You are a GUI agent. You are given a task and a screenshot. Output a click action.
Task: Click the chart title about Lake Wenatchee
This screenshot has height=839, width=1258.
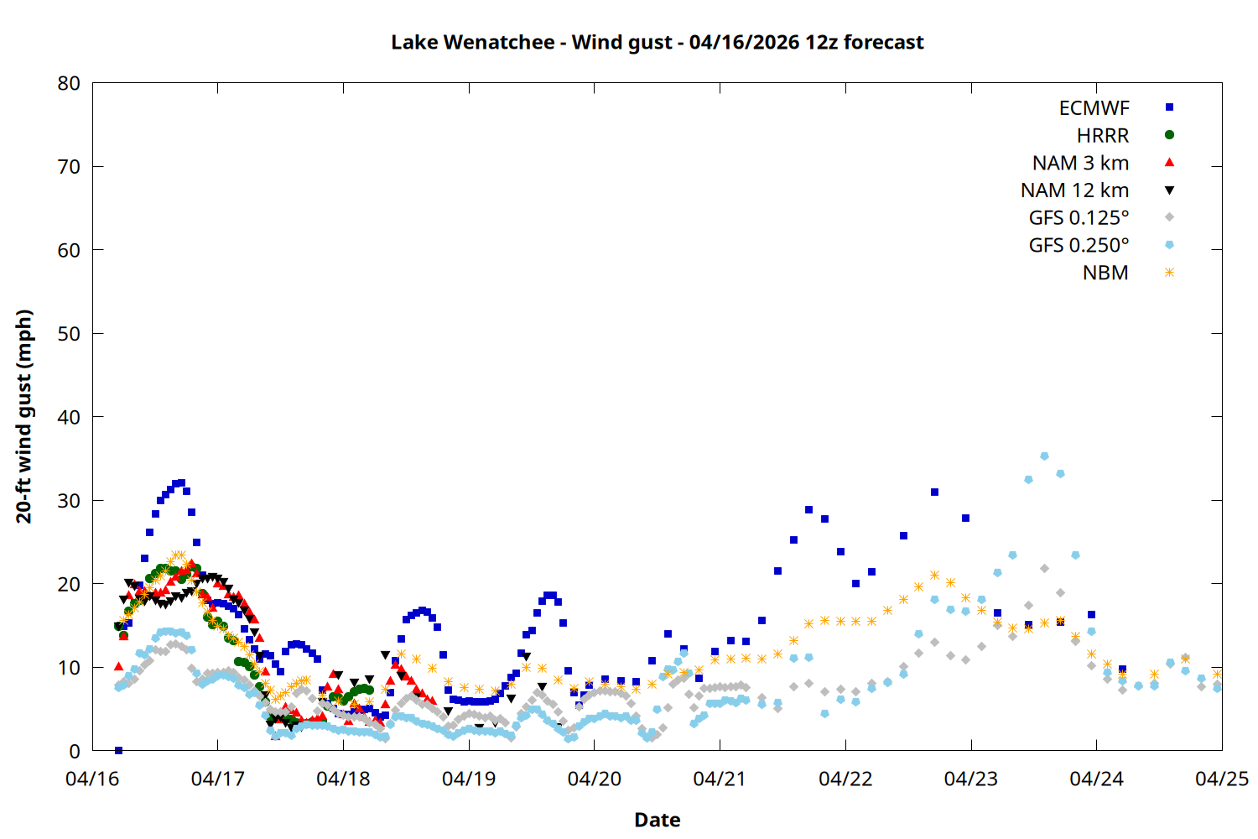(x=657, y=42)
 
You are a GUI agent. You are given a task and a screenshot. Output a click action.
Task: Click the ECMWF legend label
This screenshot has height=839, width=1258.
(x=1094, y=108)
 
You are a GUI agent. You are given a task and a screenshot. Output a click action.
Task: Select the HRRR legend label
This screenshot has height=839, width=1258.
(x=1103, y=136)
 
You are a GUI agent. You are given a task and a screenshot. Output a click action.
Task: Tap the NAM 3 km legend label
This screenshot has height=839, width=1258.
(x=1080, y=163)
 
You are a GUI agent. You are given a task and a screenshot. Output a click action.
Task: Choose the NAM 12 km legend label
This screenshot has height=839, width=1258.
(x=1074, y=190)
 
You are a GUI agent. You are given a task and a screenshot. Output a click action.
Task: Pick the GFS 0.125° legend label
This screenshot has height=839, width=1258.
(x=1079, y=218)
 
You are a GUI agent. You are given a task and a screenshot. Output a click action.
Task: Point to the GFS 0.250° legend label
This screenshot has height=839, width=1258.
(x=1079, y=246)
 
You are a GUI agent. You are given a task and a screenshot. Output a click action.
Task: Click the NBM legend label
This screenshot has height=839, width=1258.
(x=1105, y=273)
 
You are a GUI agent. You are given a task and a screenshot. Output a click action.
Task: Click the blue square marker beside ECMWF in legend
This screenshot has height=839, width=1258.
(x=1169, y=107)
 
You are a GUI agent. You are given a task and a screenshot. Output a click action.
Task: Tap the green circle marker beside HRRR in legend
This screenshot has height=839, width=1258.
(x=1169, y=135)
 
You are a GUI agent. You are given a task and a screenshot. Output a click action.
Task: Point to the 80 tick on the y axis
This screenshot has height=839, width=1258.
(x=69, y=83)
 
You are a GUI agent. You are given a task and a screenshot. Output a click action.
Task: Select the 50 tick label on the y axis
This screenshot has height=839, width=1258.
(x=69, y=334)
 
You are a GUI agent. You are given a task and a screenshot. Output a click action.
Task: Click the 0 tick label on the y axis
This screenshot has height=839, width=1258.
(x=75, y=751)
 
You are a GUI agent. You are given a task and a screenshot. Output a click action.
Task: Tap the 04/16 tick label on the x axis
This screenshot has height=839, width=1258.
(x=92, y=779)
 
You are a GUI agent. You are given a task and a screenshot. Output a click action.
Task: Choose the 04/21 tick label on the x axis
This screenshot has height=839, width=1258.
(x=720, y=779)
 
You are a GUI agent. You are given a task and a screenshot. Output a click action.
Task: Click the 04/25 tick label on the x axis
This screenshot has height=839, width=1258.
(x=1221, y=779)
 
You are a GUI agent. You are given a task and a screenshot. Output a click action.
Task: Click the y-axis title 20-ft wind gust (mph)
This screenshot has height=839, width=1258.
(x=23, y=416)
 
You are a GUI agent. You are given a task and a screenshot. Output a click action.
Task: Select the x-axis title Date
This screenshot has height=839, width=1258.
(x=657, y=820)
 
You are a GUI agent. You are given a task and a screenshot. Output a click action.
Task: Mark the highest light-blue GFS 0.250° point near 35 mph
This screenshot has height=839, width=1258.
(x=1044, y=456)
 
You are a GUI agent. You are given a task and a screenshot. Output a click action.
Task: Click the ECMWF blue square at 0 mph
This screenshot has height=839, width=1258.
(x=118, y=750)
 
